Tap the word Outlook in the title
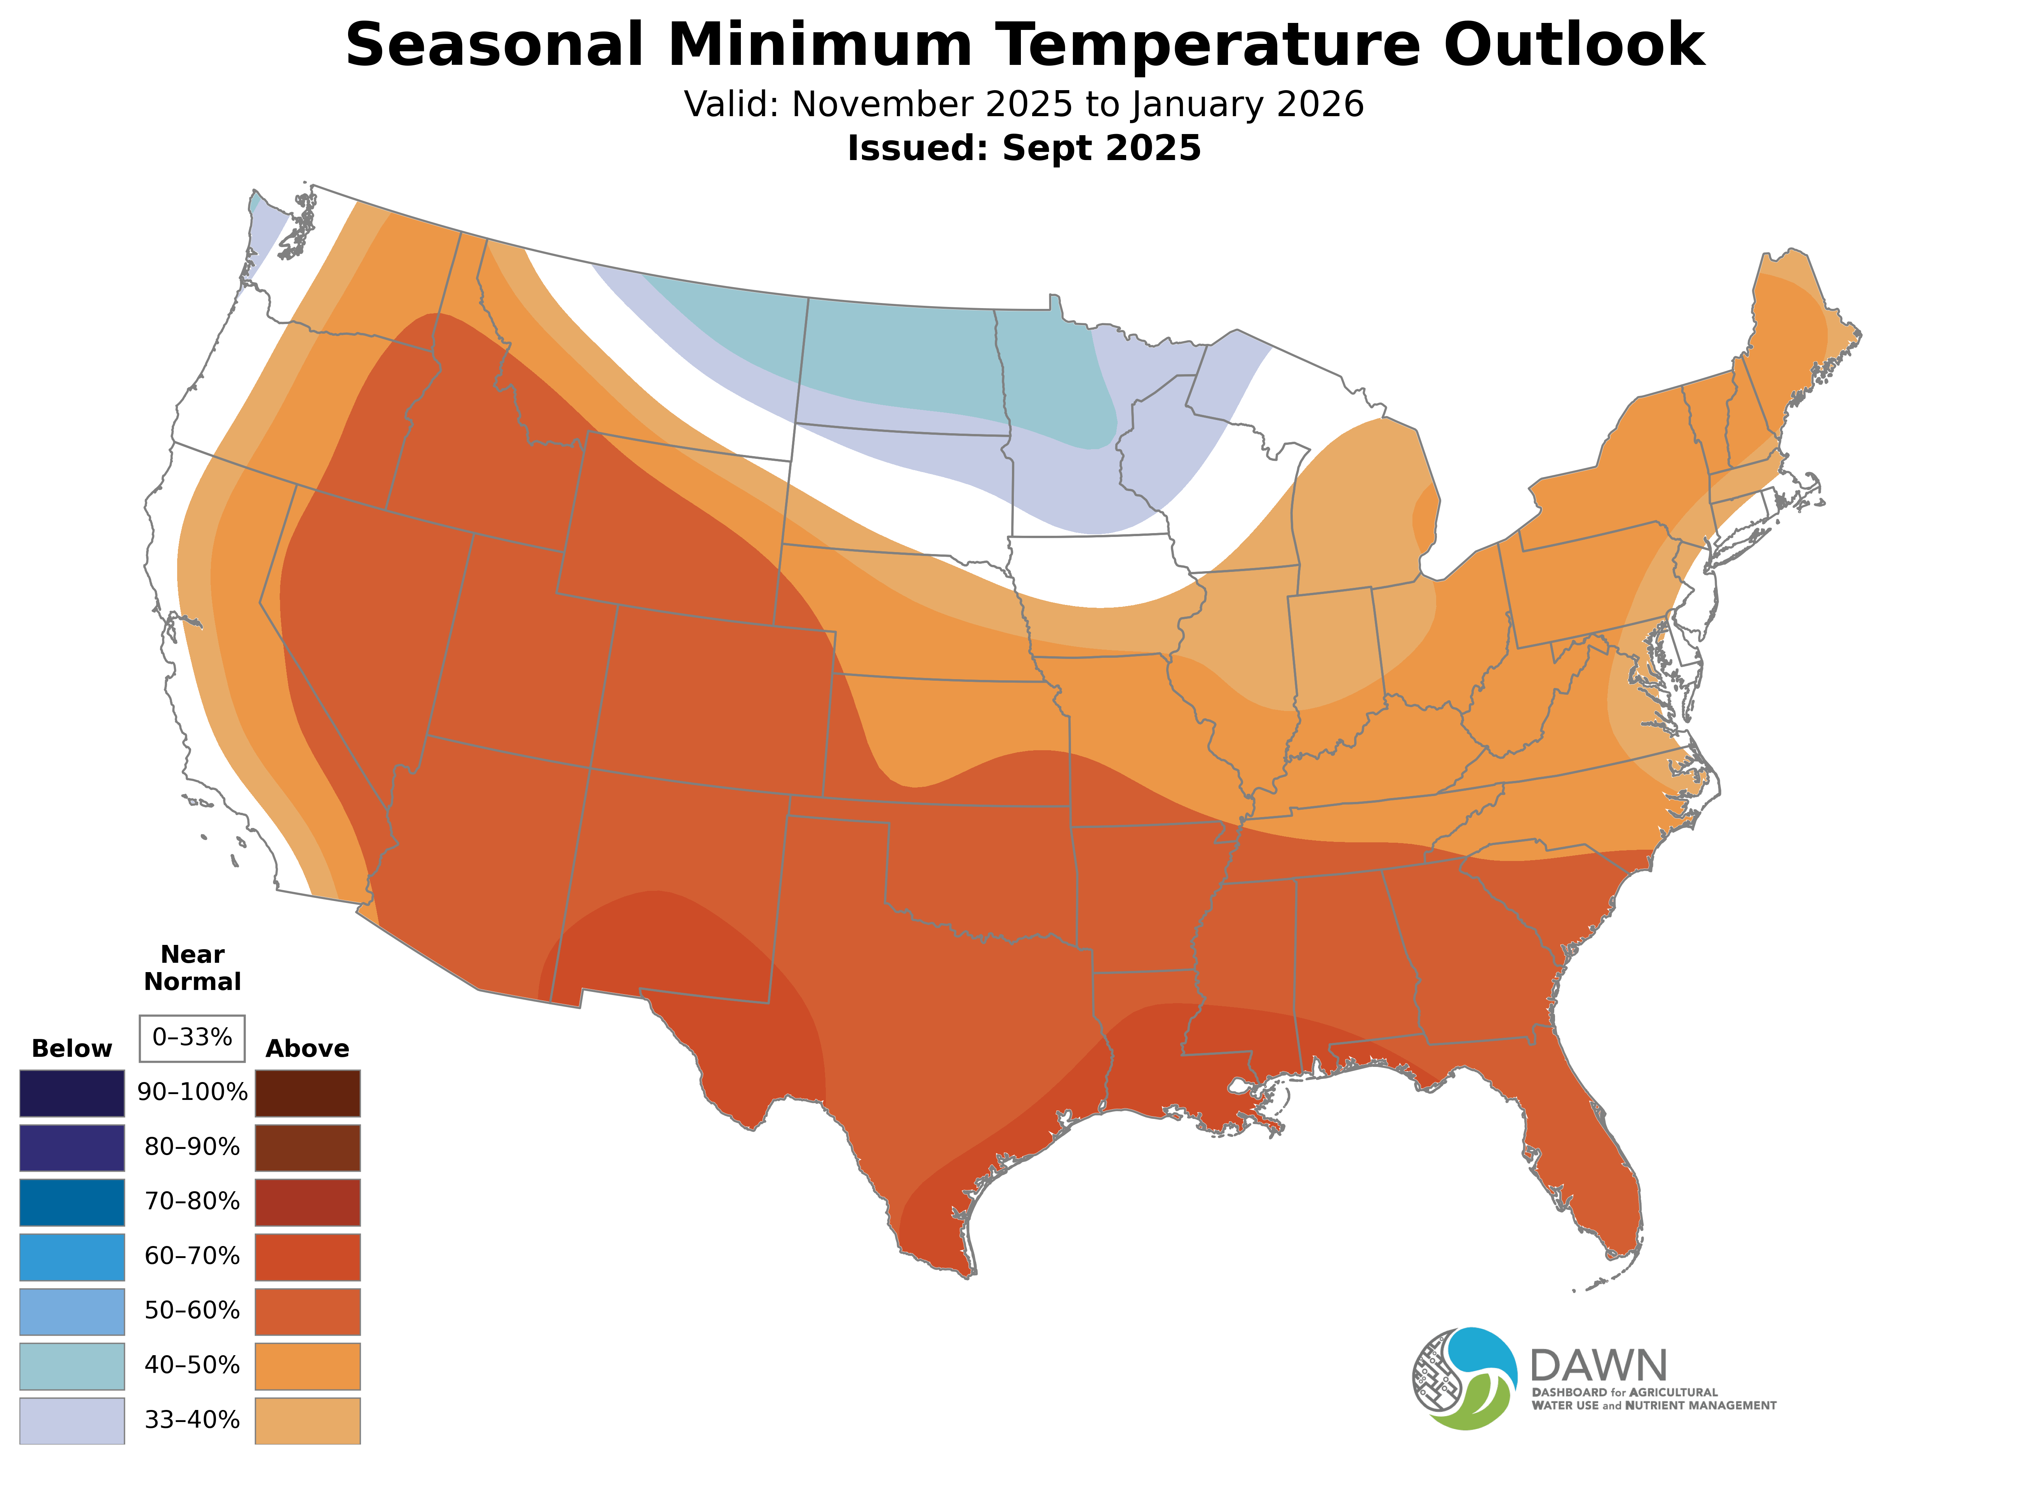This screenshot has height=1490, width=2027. coord(1573,45)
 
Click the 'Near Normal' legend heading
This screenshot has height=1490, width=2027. coord(192,968)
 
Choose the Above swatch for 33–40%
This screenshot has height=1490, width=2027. coord(308,1420)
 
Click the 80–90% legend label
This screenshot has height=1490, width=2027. coord(192,1147)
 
